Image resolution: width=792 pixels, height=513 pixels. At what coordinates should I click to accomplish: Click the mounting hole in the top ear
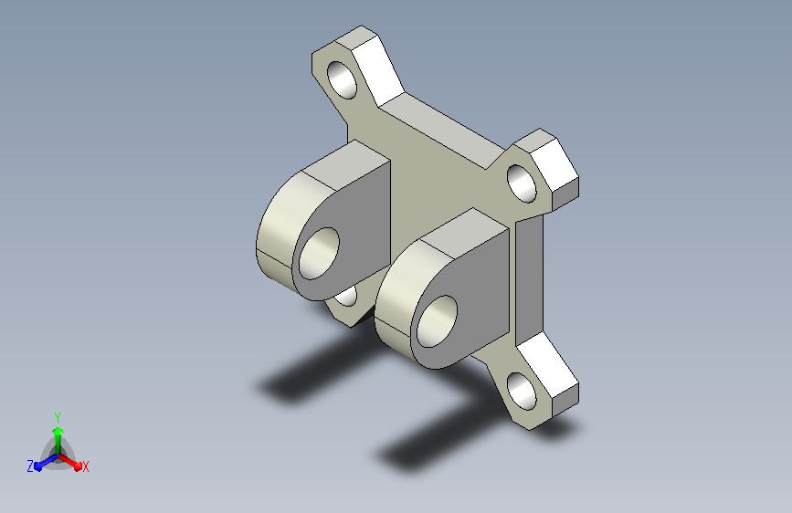[342, 79]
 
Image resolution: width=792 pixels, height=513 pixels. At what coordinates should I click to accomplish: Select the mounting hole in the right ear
[522, 183]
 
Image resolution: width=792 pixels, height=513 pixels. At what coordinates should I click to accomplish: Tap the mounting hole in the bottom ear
[522, 392]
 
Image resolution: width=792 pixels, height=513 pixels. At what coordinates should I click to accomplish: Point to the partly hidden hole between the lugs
[347, 296]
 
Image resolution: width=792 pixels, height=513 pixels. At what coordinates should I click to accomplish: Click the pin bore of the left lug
[319, 254]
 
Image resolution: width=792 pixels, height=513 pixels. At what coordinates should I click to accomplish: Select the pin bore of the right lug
[437, 321]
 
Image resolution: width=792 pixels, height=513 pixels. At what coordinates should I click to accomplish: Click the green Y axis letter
[58, 417]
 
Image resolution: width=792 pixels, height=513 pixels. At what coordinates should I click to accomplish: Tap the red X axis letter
[85, 466]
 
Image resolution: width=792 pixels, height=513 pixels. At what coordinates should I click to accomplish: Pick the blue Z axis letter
[30, 466]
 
